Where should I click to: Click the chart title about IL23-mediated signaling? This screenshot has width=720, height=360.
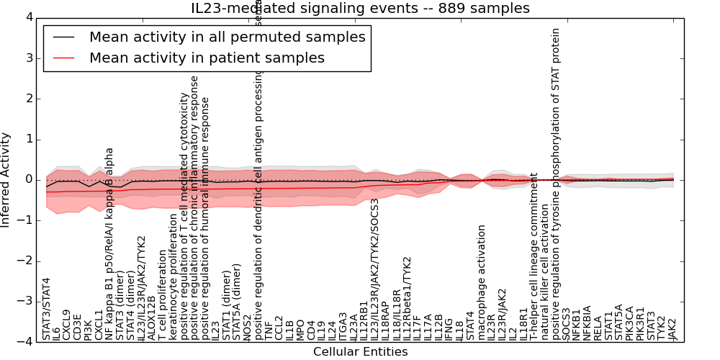(x=360, y=9)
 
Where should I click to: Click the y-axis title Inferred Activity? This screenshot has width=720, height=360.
(x=6, y=179)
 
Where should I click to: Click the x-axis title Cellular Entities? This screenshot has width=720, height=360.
(x=360, y=352)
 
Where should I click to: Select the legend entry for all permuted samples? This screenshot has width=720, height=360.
(x=227, y=37)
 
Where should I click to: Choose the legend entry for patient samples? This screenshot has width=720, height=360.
(x=207, y=58)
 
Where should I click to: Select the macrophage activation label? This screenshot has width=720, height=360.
(x=482, y=282)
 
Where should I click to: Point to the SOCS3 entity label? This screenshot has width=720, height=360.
(x=566, y=324)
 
